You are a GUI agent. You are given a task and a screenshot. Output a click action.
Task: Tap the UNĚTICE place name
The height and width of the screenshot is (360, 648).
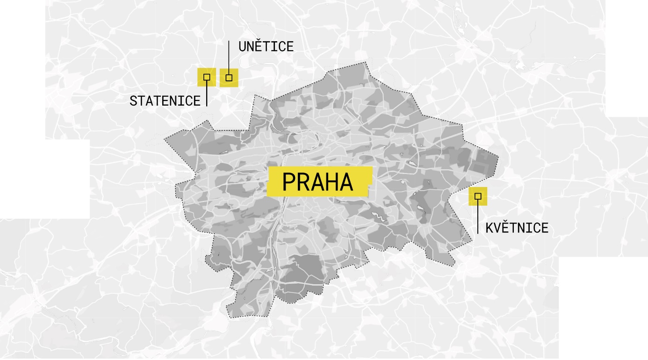(266, 47)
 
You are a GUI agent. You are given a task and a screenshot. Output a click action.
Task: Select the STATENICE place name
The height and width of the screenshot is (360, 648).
(165, 101)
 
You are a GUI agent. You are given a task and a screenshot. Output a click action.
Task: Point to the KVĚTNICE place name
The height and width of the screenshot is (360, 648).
(517, 228)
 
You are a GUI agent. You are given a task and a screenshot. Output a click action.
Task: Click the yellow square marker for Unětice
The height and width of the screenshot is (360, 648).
(229, 78)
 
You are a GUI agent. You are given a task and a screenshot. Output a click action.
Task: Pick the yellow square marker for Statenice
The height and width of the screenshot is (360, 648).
(207, 77)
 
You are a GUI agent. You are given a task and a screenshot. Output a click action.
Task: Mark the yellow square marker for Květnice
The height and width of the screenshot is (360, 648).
(478, 196)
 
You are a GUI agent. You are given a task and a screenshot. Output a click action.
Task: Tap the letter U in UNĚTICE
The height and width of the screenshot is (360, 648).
(242, 47)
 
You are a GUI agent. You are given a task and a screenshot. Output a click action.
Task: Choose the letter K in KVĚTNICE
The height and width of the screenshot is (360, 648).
(490, 228)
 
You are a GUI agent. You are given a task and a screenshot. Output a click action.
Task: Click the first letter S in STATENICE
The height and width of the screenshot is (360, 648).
(133, 101)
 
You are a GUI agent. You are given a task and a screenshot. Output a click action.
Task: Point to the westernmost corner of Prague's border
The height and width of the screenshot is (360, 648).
(164, 139)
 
